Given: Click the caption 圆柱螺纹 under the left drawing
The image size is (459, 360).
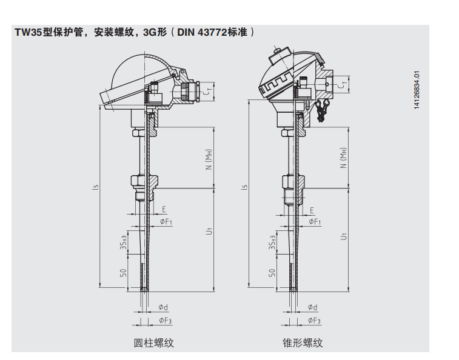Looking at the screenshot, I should point(153,342).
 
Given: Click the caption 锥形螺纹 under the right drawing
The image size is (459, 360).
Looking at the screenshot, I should point(303,342).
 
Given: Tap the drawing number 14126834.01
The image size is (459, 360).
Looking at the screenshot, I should point(417,91).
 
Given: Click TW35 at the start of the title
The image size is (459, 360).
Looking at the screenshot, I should point(28,32).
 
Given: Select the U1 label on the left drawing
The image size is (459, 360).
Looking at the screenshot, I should point(208,231).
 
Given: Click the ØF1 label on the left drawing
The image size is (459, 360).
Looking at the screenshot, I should point(166,222).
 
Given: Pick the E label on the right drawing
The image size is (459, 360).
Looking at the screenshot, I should point(312,210).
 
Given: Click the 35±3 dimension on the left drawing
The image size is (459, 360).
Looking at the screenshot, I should point(123,242).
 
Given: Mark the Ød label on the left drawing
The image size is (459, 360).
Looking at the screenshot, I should point(162,308).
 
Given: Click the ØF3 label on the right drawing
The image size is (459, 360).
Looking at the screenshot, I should point(314,320).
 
